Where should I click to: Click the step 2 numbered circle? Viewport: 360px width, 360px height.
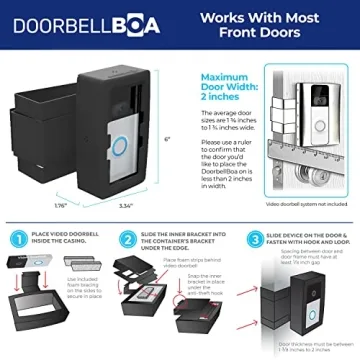[128, 241]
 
